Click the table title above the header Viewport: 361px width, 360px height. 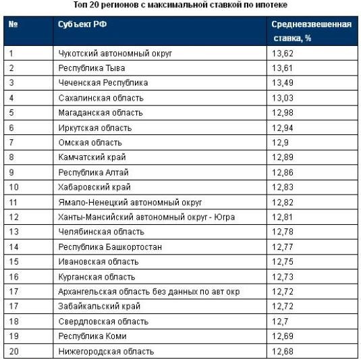point(180,5)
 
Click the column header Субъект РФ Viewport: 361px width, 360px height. point(82,24)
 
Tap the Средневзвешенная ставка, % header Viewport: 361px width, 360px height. point(312,31)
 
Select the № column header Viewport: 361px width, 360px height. point(13,24)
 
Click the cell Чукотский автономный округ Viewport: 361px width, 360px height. point(115,53)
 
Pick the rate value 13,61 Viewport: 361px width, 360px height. point(282,68)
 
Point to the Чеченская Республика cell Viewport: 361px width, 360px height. point(103,83)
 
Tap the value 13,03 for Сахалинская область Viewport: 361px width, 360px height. point(283,98)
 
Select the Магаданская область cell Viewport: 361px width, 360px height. point(101,113)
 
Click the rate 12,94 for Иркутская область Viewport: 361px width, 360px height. point(283,128)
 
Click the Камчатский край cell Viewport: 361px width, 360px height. point(92,157)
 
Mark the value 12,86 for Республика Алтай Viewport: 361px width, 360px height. point(283,173)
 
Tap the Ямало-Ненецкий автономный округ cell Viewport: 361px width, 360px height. point(130,203)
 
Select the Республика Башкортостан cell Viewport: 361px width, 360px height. point(110,247)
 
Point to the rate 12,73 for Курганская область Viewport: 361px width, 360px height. point(283,277)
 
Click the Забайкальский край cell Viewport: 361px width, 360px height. point(99,306)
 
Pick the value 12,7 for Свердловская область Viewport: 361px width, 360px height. point(280,322)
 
